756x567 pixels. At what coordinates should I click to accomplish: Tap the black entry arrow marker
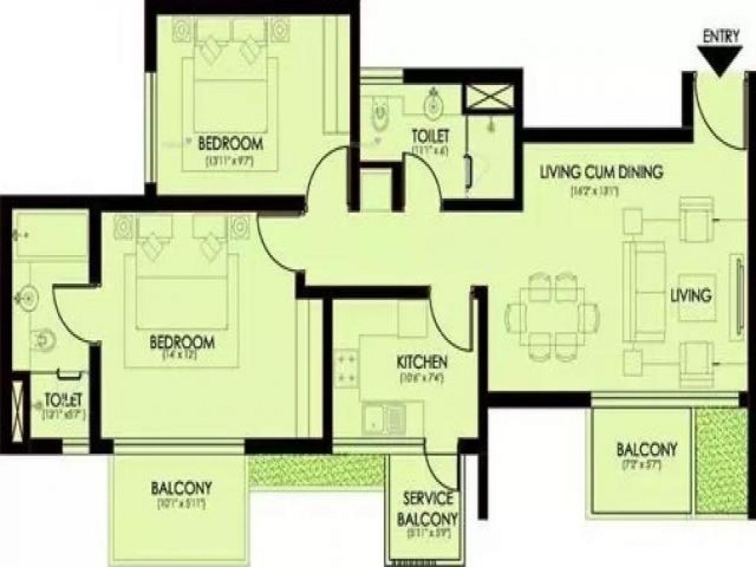coord(720,62)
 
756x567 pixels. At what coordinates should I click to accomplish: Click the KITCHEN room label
coord(421,363)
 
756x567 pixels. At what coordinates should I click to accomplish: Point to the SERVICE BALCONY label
coord(428,509)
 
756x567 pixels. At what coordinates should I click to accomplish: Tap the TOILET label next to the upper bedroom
coord(430,135)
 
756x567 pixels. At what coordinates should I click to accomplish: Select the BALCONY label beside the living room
coord(646,450)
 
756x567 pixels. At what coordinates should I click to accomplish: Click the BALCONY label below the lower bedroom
coord(181,488)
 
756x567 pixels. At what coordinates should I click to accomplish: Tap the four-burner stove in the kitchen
coord(346,368)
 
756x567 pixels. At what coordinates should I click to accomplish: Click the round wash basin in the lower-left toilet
coord(28,296)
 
